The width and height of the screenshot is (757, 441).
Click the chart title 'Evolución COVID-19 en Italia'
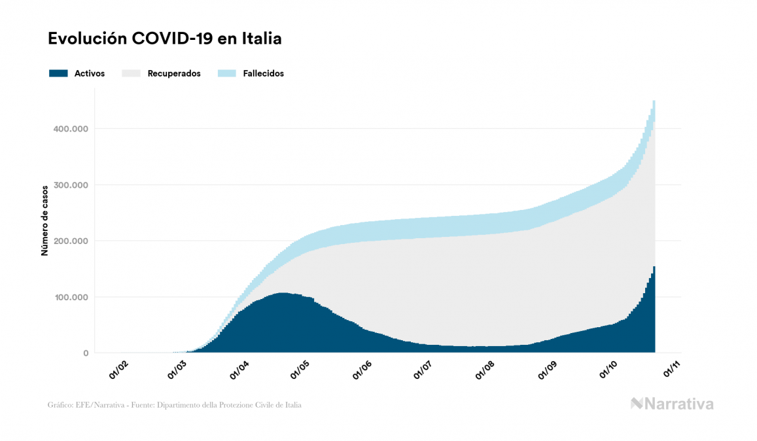pos(164,39)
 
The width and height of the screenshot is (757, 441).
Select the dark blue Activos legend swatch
pos(58,73)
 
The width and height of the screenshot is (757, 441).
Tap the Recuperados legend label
pos(174,73)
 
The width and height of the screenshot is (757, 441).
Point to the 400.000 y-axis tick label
pos(71,128)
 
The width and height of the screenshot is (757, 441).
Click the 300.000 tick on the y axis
pos(71,185)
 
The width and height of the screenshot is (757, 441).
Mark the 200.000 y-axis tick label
pos(71,241)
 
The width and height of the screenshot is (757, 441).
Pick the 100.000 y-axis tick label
pos(71,297)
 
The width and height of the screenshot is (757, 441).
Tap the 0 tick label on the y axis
pos(85,353)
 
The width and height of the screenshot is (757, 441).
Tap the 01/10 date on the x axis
pos(610,372)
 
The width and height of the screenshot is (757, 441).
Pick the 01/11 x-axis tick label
pos(672,372)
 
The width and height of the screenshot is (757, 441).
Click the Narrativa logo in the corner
pos(672,404)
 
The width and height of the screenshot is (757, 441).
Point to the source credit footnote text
pos(175,405)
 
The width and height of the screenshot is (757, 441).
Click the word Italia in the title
pos(260,39)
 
